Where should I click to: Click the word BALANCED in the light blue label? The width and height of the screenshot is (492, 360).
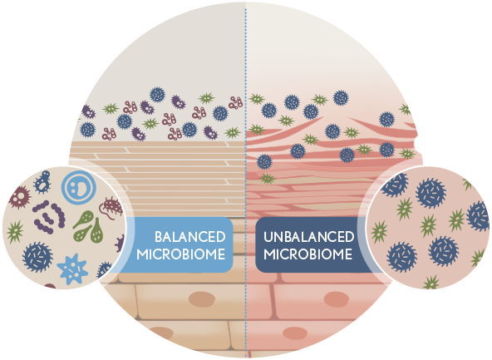tap(190, 237)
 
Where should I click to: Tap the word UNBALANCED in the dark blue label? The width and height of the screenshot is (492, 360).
tap(309, 237)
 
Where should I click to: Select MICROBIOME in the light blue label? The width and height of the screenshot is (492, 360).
tap(181, 254)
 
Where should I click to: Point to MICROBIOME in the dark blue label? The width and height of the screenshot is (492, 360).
tap(307, 254)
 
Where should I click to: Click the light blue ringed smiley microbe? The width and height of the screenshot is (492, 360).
tap(78, 187)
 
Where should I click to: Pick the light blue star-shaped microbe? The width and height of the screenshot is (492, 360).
tap(73, 269)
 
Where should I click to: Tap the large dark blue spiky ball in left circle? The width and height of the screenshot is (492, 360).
tap(37, 257)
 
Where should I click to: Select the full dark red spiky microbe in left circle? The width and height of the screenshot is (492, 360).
tap(19, 197)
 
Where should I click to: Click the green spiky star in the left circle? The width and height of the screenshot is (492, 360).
tap(14, 232)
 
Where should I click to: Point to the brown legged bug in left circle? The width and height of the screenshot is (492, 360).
tap(111, 207)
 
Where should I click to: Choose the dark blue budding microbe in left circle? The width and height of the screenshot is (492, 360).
tap(42, 182)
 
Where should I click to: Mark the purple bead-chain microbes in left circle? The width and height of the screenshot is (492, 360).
tap(49, 217)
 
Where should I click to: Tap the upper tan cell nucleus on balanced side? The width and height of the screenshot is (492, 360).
tap(201, 299)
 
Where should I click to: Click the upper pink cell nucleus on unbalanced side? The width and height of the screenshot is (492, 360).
tap(336, 299)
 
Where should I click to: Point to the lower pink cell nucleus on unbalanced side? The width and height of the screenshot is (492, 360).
tap(295, 333)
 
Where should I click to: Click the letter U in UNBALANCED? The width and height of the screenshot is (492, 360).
tap(268, 237)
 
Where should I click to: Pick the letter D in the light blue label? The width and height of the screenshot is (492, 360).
tap(220, 237)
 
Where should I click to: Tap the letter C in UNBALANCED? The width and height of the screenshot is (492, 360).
tap(325, 237)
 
